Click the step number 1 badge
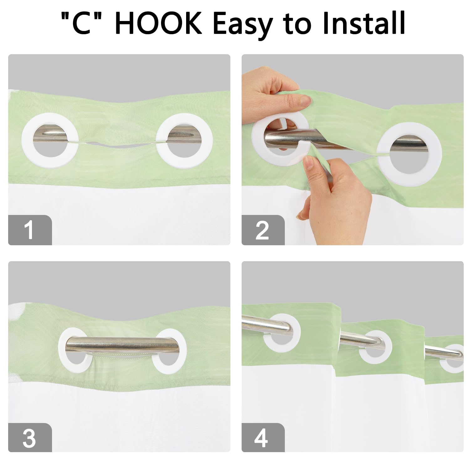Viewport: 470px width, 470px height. tap(30, 230)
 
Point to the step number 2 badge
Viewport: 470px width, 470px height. tap(263, 230)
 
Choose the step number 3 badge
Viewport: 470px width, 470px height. tap(30, 438)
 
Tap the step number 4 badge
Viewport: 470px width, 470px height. tap(263, 438)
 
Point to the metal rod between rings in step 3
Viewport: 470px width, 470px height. tap(122, 345)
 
